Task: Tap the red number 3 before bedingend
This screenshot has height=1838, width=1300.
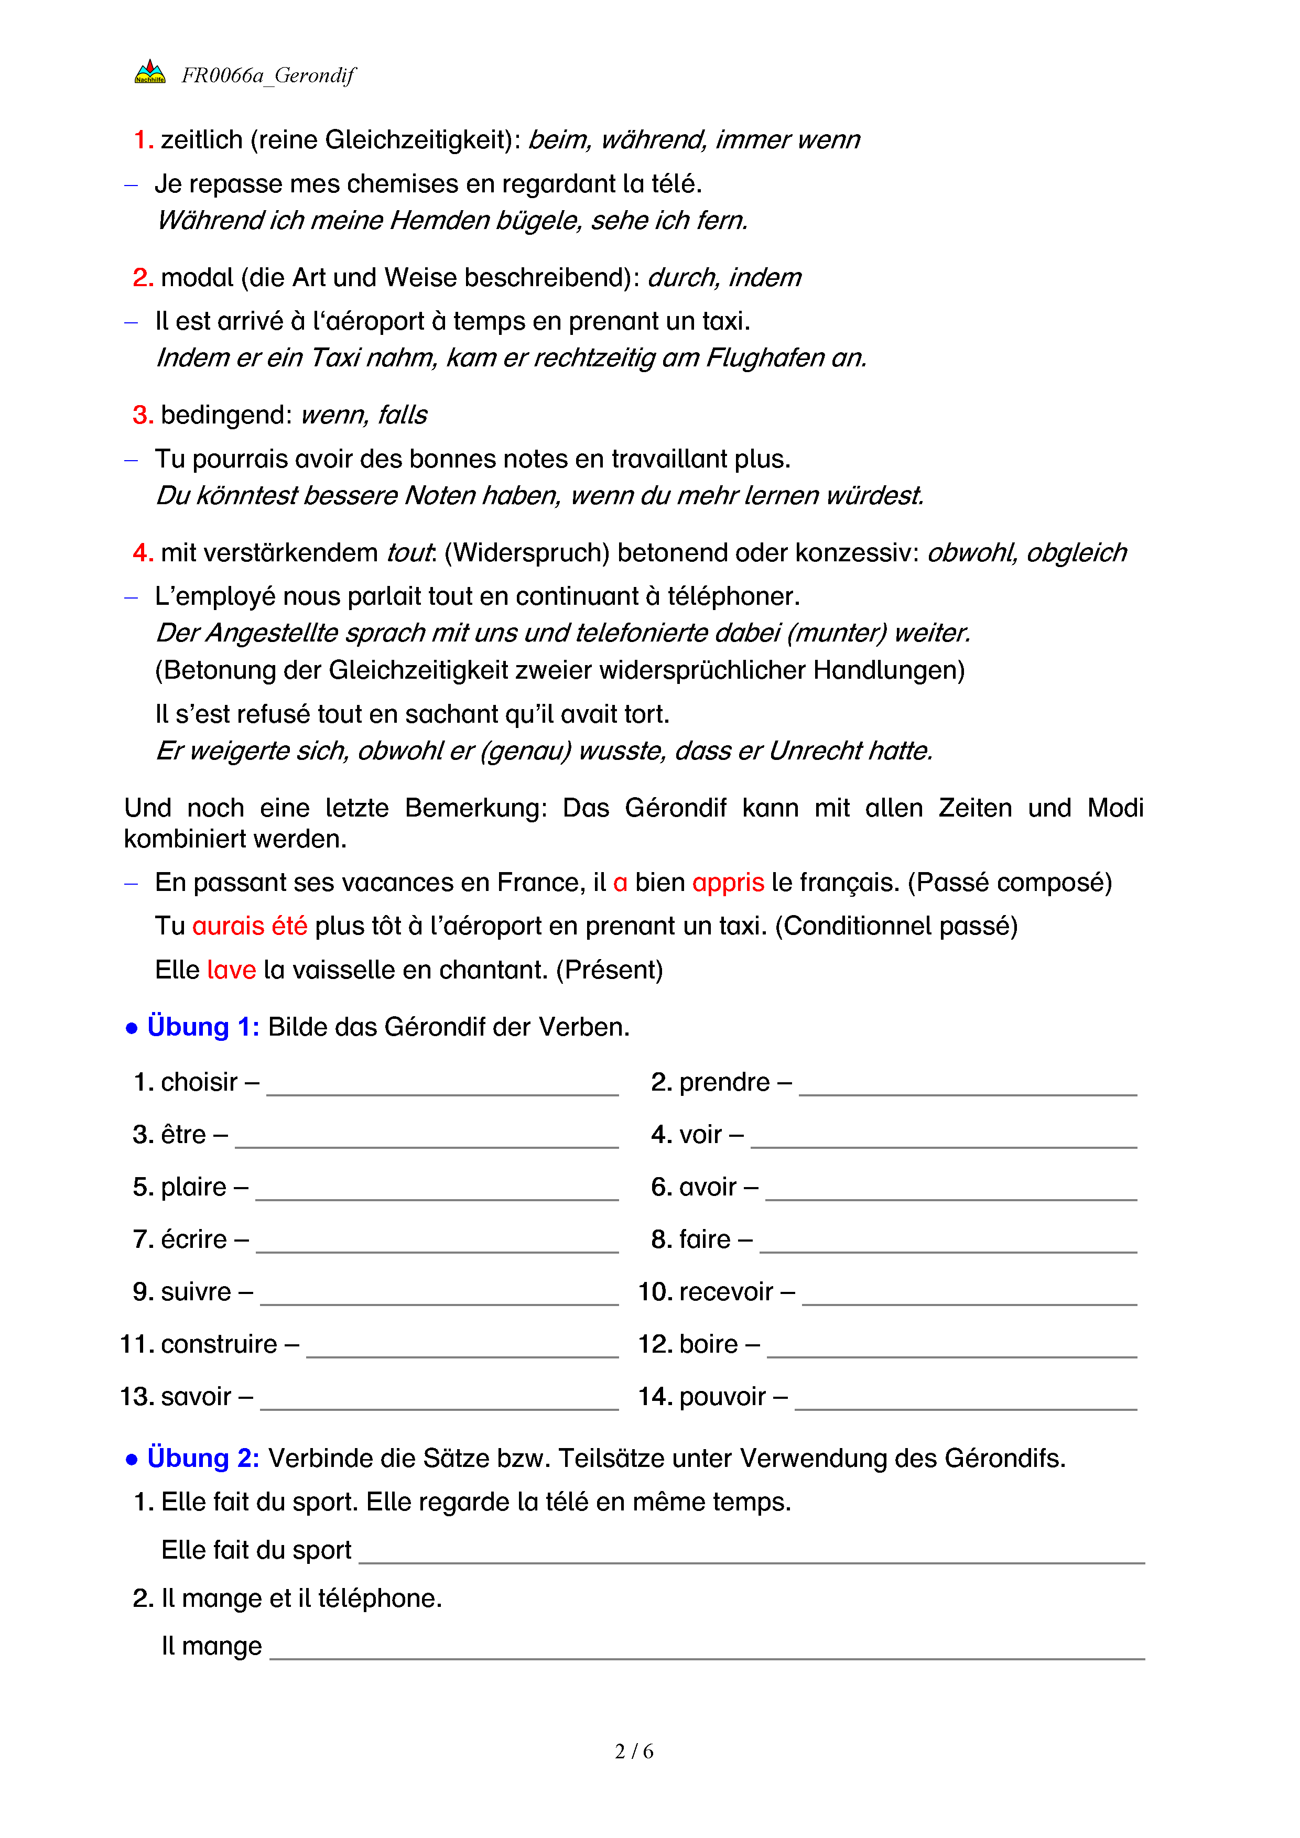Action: pos(142,415)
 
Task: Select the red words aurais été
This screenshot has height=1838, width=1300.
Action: pos(250,926)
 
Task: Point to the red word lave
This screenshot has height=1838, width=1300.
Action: pos(231,970)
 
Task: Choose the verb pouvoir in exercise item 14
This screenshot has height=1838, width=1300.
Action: pos(722,1397)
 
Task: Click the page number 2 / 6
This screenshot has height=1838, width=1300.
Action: pos(634,1752)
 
